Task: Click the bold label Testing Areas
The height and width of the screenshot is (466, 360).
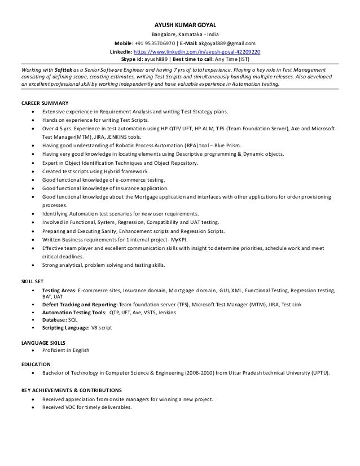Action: click(x=59, y=290)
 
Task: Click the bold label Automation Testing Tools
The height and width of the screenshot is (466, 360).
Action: click(x=74, y=312)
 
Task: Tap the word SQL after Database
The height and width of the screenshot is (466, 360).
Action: click(x=73, y=319)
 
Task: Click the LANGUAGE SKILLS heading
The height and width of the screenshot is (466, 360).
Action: click(x=43, y=342)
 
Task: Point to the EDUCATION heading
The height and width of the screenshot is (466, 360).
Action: click(x=36, y=364)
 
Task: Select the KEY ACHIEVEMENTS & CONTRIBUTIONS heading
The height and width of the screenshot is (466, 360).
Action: click(x=71, y=390)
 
